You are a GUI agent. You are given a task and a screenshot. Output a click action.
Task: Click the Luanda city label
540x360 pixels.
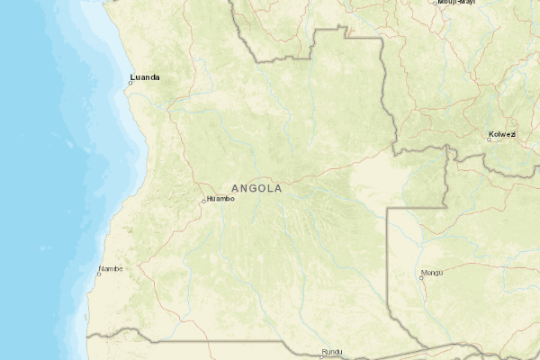145,77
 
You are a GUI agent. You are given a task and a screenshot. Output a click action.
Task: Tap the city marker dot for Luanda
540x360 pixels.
130,83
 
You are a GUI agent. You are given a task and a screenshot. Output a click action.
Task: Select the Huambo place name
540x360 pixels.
220,199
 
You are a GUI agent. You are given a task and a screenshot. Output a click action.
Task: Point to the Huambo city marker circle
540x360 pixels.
204,200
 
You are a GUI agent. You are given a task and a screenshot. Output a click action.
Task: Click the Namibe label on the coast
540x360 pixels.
111,268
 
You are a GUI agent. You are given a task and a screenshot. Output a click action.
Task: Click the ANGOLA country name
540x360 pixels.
256,189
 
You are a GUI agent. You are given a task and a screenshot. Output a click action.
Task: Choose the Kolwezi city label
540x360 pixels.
501,135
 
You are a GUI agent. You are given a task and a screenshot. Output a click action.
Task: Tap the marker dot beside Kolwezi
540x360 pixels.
490,139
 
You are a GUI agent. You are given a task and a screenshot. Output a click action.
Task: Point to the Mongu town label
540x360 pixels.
432,272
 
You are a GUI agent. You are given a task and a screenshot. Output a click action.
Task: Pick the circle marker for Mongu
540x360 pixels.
421,276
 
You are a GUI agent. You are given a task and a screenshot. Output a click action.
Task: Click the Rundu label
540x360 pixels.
332,352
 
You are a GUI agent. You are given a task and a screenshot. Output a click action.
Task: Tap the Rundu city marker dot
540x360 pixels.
320,356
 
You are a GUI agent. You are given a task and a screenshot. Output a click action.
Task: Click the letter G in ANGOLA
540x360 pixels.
253,189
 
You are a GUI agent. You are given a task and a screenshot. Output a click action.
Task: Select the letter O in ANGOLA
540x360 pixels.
262,189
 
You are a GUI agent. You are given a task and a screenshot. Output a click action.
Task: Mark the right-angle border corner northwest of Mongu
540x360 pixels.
388,208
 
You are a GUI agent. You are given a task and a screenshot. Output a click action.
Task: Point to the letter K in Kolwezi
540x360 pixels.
490,135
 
